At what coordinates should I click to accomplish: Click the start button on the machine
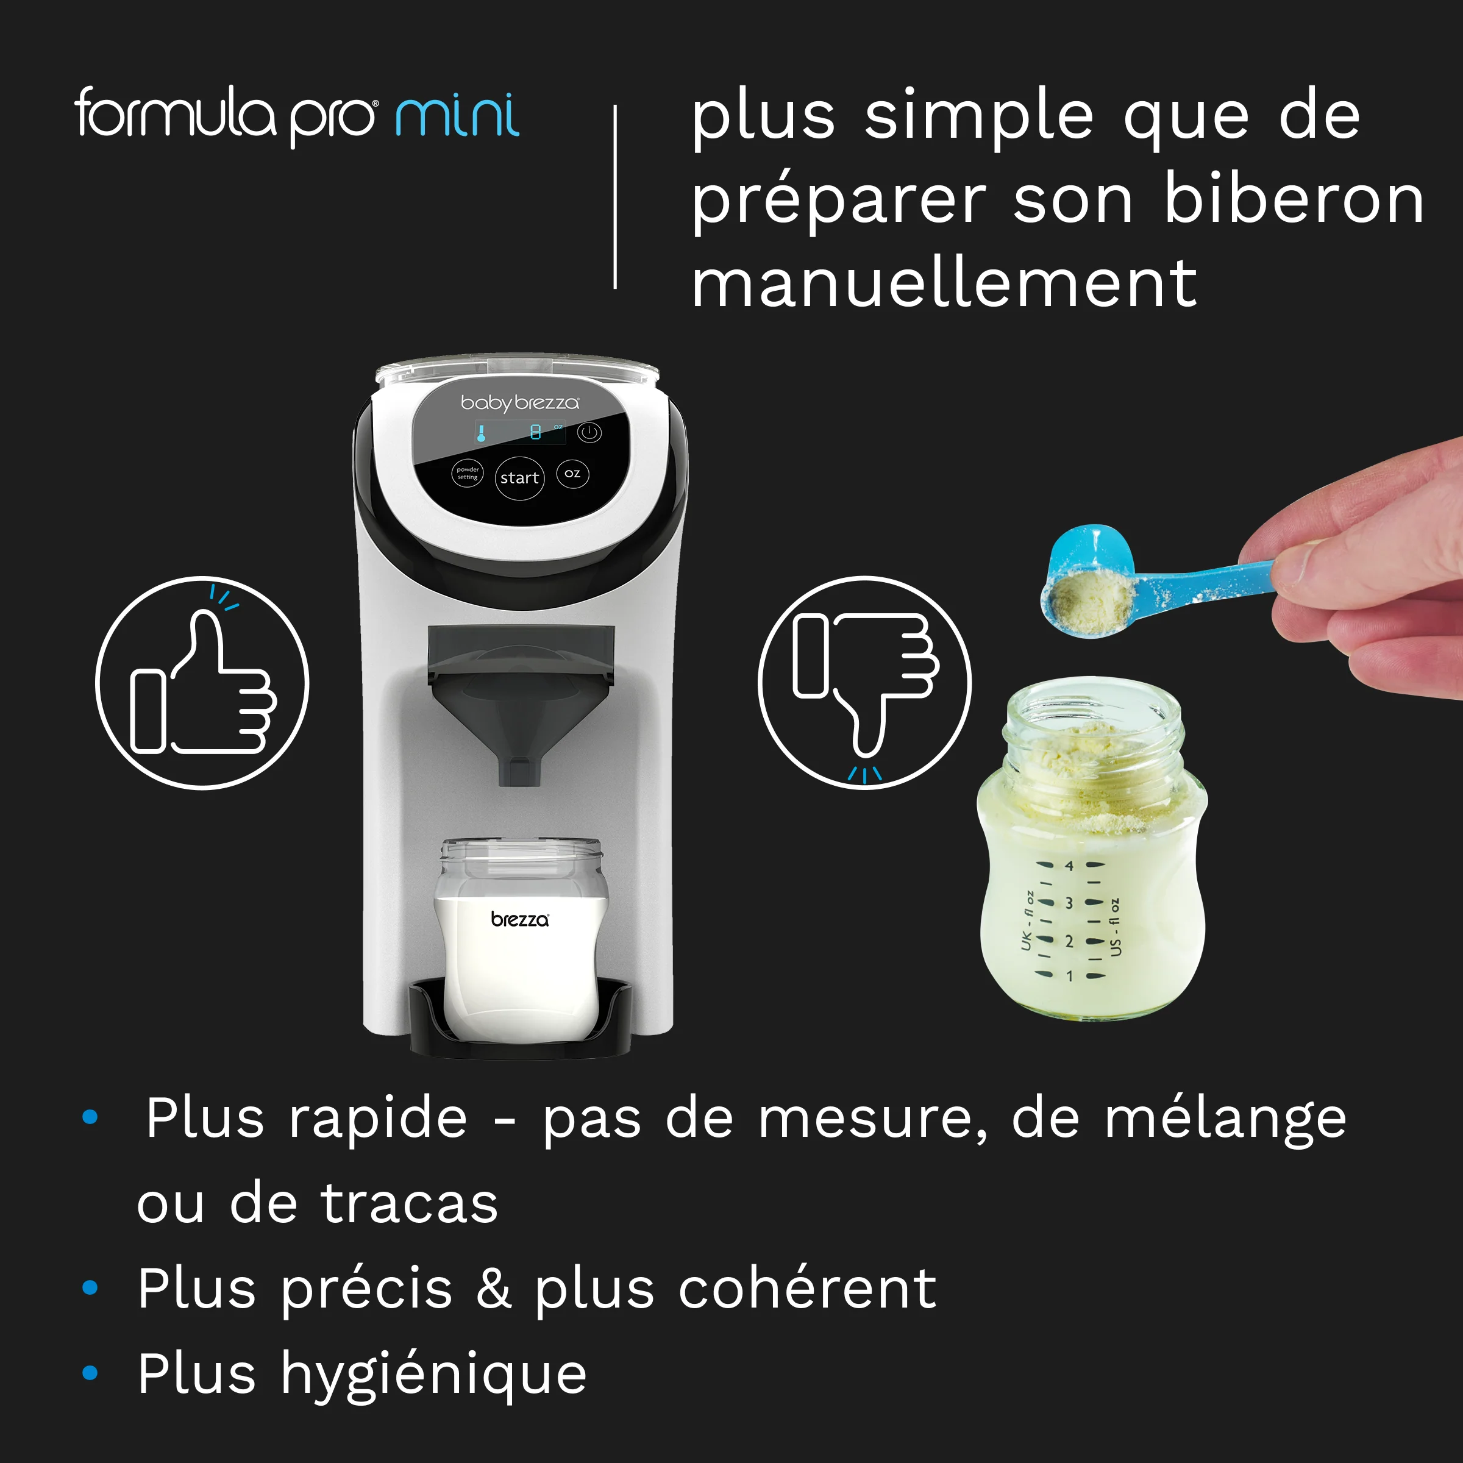(x=519, y=478)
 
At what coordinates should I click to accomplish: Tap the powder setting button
(x=467, y=473)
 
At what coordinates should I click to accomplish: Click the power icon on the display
(x=589, y=432)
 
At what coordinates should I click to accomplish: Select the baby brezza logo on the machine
(x=519, y=402)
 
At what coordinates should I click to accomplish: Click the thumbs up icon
(x=202, y=683)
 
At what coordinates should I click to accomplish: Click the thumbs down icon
(x=864, y=683)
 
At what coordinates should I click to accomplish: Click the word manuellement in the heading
(x=944, y=284)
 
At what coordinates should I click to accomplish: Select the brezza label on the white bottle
(x=519, y=919)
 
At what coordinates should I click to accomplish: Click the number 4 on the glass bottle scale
(x=1069, y=866)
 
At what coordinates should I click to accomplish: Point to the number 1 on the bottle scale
(x=1069, y=976)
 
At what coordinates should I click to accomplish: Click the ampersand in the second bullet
(x=494, y=1288)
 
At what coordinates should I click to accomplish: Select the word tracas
(x=410, y=1203)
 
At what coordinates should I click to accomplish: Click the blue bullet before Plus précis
(x=90, y=1287)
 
